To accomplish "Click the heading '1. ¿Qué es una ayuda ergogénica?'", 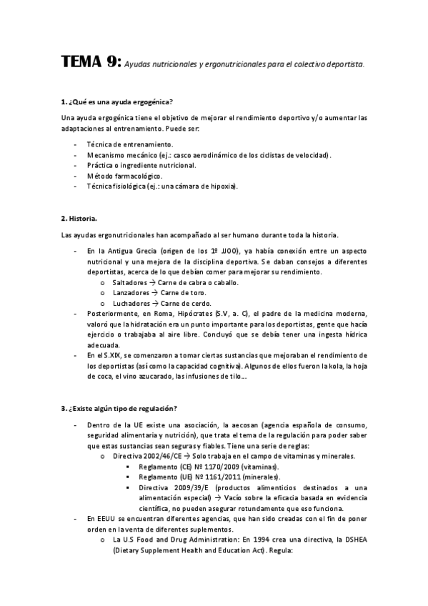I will coord(117,101).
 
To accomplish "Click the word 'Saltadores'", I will coord(129,283).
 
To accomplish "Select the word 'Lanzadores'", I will coord(130,293).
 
